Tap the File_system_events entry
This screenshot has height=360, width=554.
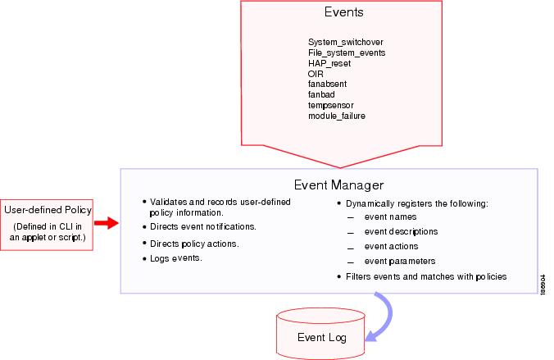346,52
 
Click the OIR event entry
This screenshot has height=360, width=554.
316,73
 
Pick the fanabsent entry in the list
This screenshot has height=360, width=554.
327,84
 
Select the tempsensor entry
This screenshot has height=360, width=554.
330,105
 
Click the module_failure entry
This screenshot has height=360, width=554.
336,116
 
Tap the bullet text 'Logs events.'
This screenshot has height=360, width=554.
175,258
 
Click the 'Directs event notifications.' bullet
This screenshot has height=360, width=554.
203,226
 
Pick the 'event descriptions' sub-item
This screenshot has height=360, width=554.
401,231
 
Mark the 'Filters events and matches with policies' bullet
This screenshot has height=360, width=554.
426,276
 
